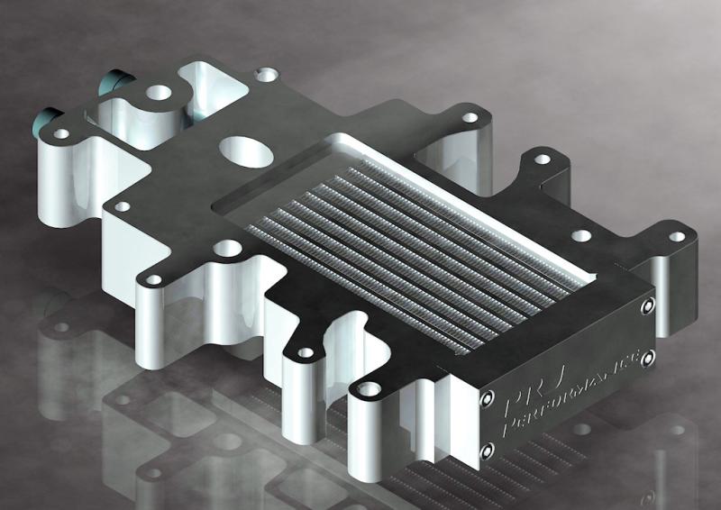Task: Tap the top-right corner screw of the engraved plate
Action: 648,308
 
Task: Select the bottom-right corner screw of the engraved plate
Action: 647,359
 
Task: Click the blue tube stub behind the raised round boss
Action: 114,82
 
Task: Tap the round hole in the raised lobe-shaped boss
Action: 159,91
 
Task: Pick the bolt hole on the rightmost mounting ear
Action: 676,236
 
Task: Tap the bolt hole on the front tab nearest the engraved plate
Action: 366,390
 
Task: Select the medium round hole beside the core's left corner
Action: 226,246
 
